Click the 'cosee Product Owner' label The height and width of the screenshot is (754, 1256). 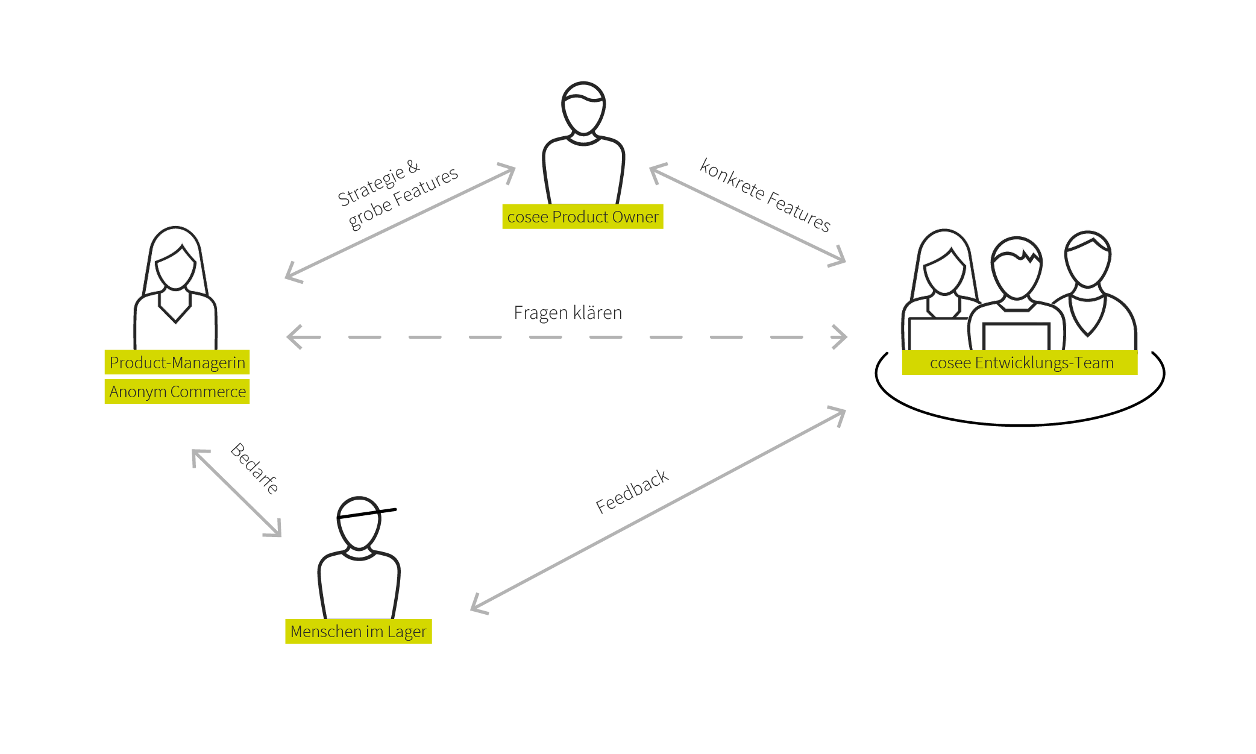coord(582,217)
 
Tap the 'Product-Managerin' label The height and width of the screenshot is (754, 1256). coord(177,363)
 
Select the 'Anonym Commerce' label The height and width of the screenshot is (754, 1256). coord(177,392)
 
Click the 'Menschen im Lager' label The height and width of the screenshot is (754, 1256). coord(358,632)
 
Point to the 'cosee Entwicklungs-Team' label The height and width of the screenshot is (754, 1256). coord(1021,363)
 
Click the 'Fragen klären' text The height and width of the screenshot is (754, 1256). coord(568,313)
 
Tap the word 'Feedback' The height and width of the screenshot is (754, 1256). coord(632,491)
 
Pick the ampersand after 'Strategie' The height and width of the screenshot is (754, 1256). coord(413,166)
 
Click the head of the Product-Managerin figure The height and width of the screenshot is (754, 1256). coord(175,262)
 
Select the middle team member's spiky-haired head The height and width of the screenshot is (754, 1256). coord(1017,268)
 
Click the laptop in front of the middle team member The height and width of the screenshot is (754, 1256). coord(1016,336)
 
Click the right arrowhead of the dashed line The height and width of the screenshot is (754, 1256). coord(841,337)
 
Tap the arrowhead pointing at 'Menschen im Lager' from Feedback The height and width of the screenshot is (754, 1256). coord(477,606)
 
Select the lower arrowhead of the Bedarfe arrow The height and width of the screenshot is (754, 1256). coord(275,530)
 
